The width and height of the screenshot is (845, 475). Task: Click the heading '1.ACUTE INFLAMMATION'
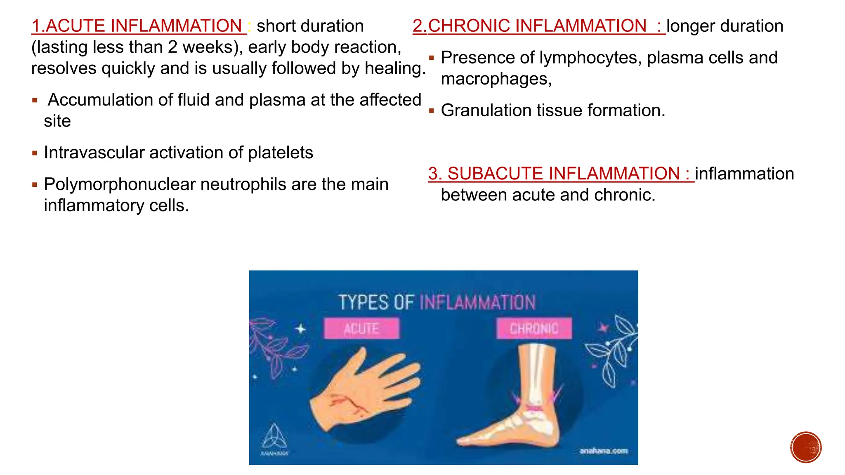tap(138, 26)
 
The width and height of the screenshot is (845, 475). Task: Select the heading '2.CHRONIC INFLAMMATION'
tap(536, 26)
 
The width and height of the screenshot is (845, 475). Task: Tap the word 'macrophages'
tap(495, 79)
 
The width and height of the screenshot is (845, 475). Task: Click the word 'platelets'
tap(280, 153)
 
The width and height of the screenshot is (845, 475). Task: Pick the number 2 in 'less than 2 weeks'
tap(172, 47)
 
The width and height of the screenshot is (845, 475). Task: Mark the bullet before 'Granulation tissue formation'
tap(432, 111)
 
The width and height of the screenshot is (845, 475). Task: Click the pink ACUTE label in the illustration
tap(361, 329)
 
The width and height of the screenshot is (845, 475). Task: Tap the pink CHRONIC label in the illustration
tap(534, 329)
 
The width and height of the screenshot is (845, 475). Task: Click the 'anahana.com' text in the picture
tap(603, 451)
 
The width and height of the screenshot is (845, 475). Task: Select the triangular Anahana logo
tap(274, 437)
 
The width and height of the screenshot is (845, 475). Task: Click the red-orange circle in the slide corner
tap(806, 447)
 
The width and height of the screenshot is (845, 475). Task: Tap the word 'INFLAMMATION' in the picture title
tap(477, 303)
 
